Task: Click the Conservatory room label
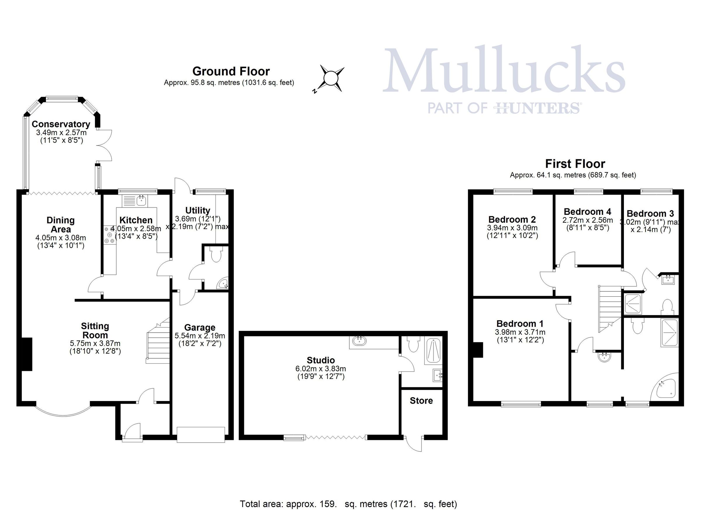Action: [x=61, y=124]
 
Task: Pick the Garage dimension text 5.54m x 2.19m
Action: [x=200, y=336]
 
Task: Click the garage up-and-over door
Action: [x=201, y=435]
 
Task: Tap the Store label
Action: [x=421, y=401]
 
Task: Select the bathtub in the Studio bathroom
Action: [x=434, y=351]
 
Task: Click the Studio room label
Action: [x=320, y=360]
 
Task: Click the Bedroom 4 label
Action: [x=587, y=212]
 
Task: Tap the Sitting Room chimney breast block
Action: [x=27, y=354]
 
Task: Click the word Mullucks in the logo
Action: [x=504, y=70]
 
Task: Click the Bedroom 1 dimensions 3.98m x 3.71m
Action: [x=520, y=332]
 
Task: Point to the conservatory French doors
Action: [x=104, y=145]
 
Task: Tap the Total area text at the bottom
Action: [x=348, y=504]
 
